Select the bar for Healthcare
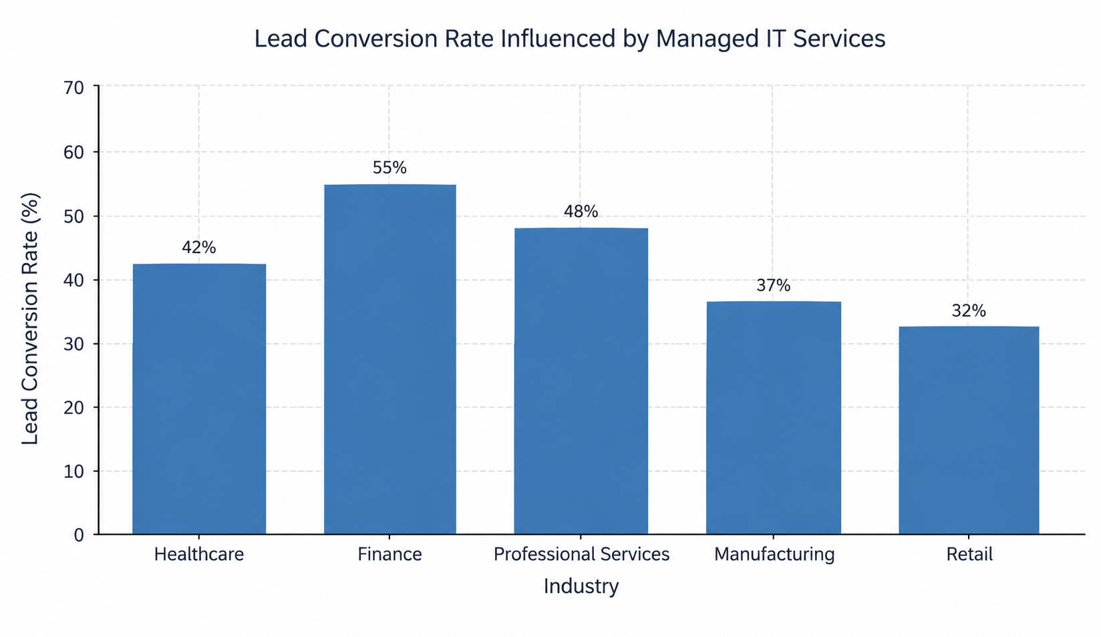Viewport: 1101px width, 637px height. [199, 399]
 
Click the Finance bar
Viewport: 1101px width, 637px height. [389, 359]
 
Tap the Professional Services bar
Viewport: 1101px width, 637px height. [581, 381]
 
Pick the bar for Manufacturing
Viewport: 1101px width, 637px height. [774, 417]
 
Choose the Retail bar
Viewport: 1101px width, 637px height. [969, 430]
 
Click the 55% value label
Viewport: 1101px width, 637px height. [389, 168]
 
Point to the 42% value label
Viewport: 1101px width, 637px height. [199, 248]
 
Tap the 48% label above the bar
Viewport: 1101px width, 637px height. [581, 212]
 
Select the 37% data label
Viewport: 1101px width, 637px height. [774, 285]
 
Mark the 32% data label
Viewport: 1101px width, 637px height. [969, 311]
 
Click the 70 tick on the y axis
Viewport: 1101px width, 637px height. [74, 88]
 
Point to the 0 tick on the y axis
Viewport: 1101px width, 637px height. [79, 536]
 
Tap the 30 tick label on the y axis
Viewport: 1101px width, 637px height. [74, 344]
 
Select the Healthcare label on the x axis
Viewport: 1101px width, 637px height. [199, 554]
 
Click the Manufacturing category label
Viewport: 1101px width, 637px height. [774, 555]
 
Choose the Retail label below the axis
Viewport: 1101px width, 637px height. [970, 554]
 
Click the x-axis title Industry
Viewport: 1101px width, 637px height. [581, 587]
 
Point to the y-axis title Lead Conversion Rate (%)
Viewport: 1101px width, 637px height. [31, 319]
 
